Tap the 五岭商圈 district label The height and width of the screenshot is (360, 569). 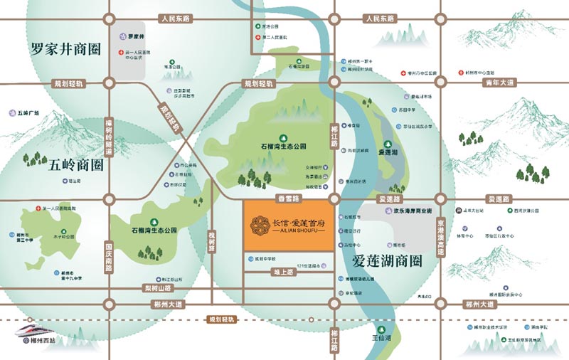pyautogui.click(x=76, y=166)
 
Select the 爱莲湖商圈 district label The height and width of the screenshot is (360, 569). pyautogui.click(x=387, y=260)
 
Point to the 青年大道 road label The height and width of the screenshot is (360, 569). pyautogui.click(x=499, y=83)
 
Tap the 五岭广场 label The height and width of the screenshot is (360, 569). pyautogui.click(x=28, y=112)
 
